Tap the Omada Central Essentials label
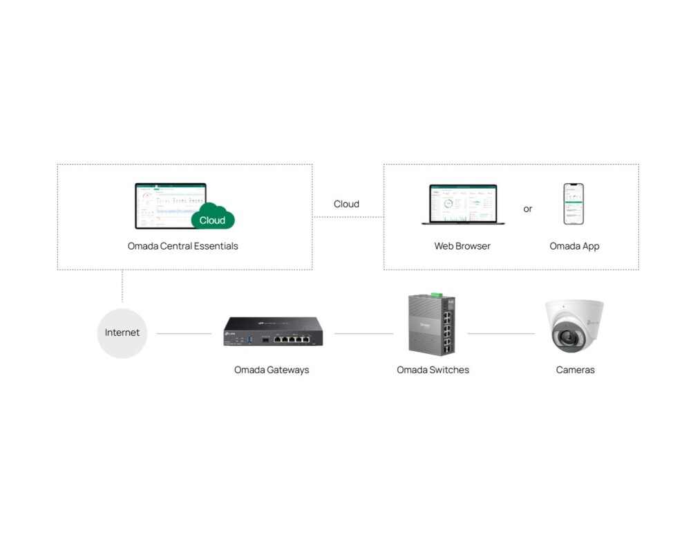(182, 246)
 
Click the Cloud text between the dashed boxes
(346, 204)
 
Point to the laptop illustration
(463, 204)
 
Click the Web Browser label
(462, 246)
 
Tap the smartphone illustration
(574, 204)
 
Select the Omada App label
(574, 246)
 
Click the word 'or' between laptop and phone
(528, 209)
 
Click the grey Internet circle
(122, 333)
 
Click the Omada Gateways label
(272, 370)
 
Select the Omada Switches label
(433, 370)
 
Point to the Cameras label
(575, 370)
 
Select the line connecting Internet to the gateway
(184, 333)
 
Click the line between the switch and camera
(501, 333)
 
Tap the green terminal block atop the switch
(436, 295)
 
